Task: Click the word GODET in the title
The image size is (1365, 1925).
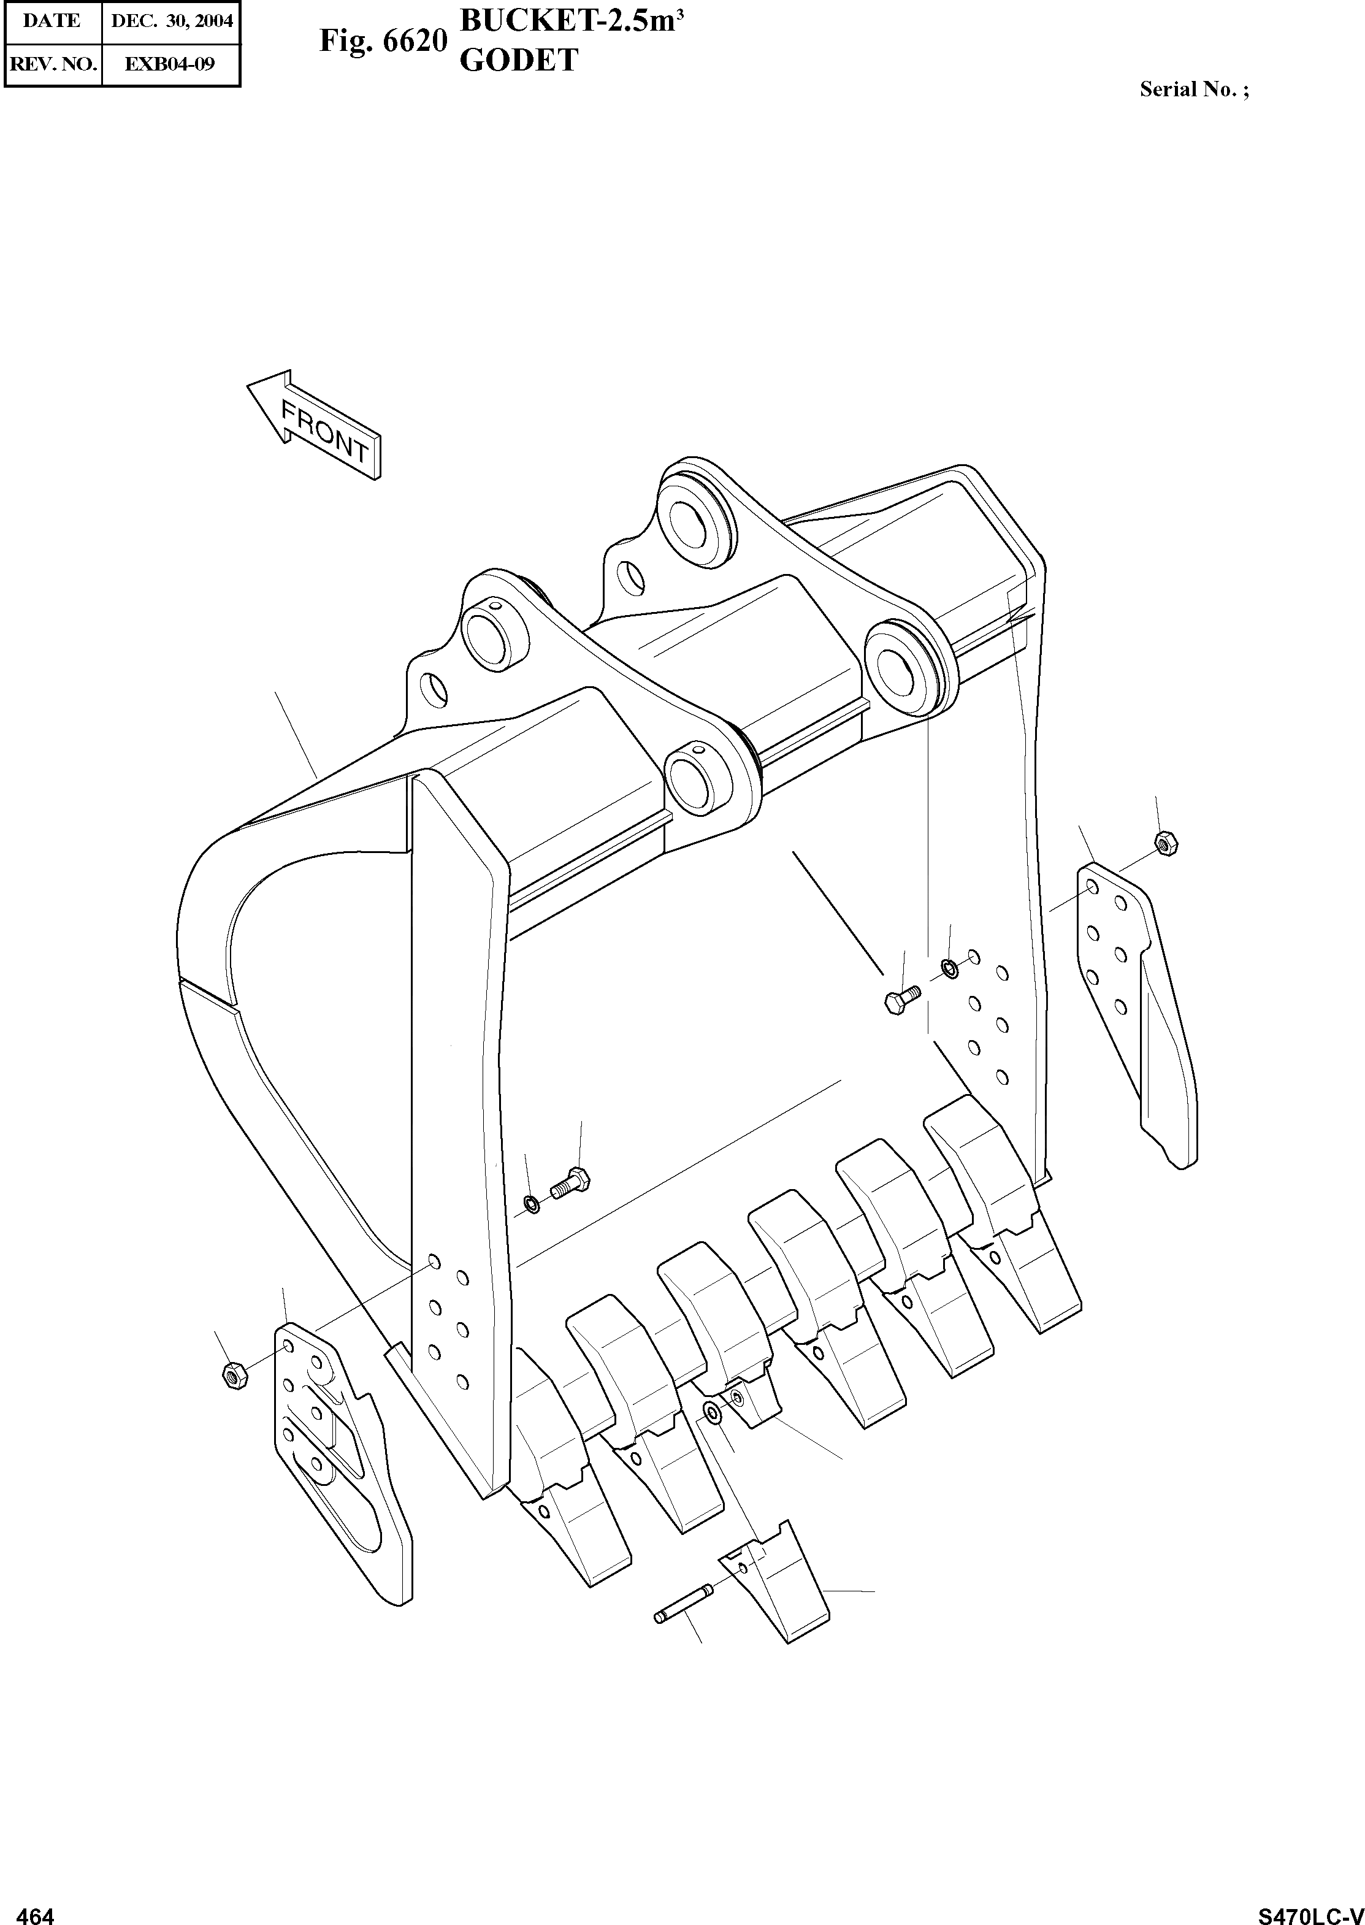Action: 519,61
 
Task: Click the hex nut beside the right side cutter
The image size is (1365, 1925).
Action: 1166,841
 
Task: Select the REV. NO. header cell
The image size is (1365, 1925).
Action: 52,64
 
